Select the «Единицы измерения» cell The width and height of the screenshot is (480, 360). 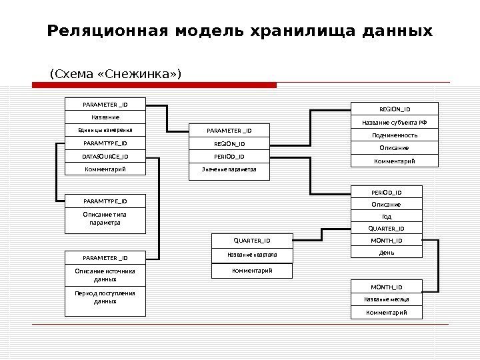105,131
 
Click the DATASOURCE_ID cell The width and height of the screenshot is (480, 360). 105,157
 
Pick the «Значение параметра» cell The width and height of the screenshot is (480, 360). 229,170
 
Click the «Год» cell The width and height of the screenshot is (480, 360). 386,217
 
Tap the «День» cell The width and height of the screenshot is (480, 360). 386,251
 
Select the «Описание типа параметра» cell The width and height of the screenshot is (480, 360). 105,219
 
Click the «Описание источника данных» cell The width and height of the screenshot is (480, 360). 105,275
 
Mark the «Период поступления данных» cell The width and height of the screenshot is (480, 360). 105,297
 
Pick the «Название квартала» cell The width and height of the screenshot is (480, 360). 251,255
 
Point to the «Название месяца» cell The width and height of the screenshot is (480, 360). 386,300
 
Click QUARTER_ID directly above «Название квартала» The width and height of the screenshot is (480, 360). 251,241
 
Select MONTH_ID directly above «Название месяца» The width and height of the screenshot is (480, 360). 386,287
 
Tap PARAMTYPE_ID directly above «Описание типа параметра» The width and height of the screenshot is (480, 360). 105,201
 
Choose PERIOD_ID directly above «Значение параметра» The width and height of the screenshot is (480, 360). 229,157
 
